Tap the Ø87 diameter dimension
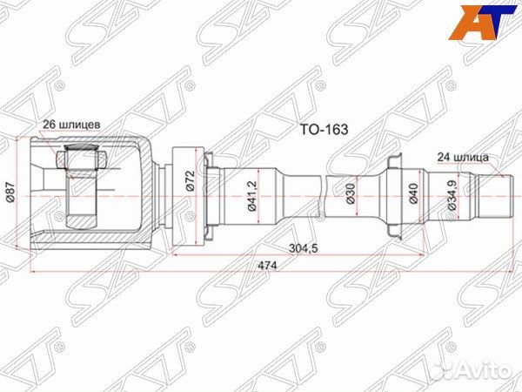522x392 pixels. [10, 197]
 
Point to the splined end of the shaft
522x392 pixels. [494, 197]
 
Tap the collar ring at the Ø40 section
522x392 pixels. [392, 197]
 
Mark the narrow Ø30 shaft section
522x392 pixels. [300, 197]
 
